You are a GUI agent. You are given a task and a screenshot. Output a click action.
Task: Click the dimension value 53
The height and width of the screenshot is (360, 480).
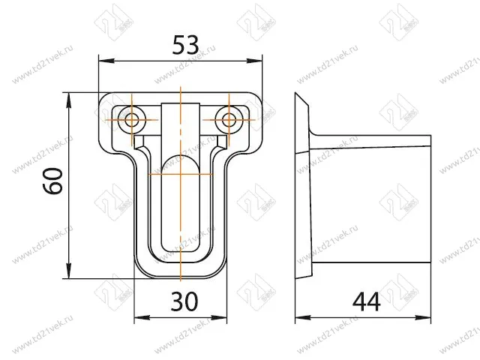point(185,45)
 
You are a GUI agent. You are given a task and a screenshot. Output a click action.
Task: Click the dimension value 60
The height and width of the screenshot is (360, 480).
point(52,181)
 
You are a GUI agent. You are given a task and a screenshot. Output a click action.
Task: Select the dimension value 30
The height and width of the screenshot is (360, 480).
point(184,301)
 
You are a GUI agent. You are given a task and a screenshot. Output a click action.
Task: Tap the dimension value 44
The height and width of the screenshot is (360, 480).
point(367,301)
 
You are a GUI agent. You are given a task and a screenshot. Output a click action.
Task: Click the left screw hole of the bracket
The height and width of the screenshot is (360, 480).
point(132,120)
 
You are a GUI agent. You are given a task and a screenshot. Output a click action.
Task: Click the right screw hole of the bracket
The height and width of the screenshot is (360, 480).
point(229,120)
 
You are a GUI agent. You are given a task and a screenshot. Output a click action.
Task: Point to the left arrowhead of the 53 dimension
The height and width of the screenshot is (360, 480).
point(106,61)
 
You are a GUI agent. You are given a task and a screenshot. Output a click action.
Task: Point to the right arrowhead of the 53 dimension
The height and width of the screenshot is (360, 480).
point(255,61)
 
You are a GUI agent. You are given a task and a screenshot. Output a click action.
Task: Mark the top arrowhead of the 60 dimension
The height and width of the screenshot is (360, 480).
point(69,100)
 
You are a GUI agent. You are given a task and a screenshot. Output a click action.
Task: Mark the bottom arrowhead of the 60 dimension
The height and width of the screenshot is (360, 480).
point(69,271)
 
